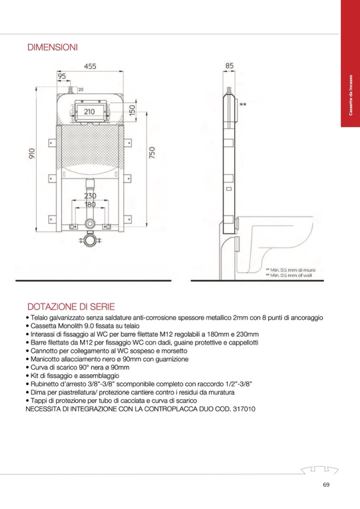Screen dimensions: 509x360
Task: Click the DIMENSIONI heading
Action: click(x=53, y=48)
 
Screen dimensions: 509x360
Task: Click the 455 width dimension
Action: click(x=90, y=66)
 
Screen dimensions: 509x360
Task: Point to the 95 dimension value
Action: click(x=62, y=76)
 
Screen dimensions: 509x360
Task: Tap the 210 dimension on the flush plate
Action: click(x=89, y=111)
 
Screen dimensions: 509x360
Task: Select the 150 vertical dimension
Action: click(x=132, y=111)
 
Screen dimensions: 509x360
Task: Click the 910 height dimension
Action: click(x=32, y=154)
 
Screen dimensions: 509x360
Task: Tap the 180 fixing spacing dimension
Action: click(x=90, y=204)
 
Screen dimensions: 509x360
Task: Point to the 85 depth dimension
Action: click(x=229, y=66)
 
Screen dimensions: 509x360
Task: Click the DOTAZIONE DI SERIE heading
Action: click(x=71, y=307)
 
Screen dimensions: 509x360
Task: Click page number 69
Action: click(x=326, y=484)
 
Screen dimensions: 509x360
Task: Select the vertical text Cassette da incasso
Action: click(x=350, y=96)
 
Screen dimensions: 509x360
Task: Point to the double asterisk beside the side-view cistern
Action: click(x=243, y=105)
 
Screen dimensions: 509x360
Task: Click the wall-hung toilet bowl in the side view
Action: click(x=271, y=244)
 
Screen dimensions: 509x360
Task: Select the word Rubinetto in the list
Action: click(x=45, y=383)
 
